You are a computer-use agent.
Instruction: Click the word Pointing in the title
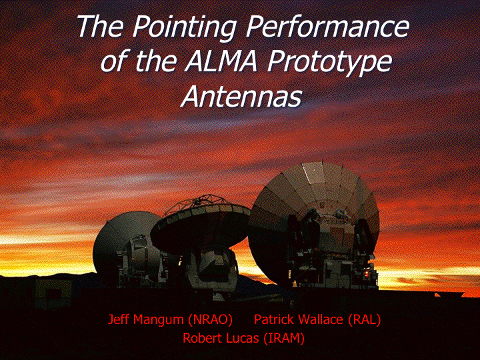[184, 27]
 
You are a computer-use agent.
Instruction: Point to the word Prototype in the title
[330, 63]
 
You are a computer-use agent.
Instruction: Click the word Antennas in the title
[241, 96]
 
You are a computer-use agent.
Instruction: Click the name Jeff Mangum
[146, 320]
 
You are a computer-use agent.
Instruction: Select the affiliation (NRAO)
[210, 320]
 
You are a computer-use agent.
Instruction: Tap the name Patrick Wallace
[299, 319]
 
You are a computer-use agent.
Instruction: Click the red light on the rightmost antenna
[367, 273]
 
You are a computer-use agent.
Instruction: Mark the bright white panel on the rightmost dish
[313, 173]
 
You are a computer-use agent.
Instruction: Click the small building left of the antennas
[53, 293]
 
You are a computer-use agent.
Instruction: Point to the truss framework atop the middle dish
[199, 203]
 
